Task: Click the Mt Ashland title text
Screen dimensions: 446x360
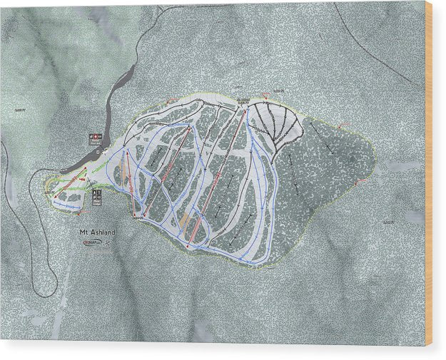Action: click(x=98, y=232)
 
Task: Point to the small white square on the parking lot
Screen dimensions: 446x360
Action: click(x=98, y=151)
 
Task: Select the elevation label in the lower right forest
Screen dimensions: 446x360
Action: click(x=388, y=222)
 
